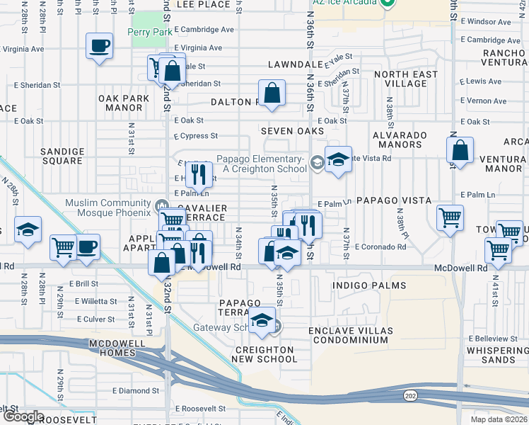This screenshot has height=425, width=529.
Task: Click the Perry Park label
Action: [x=149, y=33]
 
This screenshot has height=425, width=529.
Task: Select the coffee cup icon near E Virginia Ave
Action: [x=99, y=47]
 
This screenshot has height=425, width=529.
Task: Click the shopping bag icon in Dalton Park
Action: [x=272, y=93]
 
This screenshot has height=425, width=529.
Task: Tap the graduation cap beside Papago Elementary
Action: [x=339, y=159]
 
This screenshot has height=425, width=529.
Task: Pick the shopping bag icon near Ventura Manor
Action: [x=460, y=150]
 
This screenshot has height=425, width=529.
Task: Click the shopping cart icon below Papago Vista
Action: [x=450, y=217]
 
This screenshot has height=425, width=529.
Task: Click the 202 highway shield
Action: [x=409, y=395]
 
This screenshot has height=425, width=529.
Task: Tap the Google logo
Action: [x=23, y=416]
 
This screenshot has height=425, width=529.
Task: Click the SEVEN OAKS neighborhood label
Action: [x=291, y=131]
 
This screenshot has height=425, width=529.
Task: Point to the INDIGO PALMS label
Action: [x=370, y=285]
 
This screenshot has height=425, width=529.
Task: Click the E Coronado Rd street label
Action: [x=380, y=247]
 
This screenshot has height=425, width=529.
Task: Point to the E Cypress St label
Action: [x=196, y=135]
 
